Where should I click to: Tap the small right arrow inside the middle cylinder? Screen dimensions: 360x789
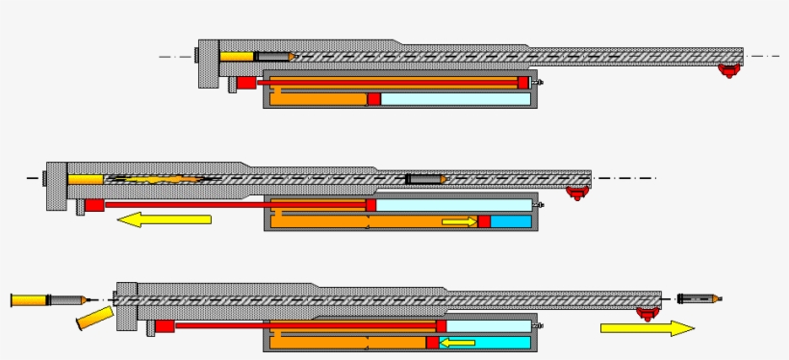point(459,222)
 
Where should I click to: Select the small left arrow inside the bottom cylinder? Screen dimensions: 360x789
point(457,342)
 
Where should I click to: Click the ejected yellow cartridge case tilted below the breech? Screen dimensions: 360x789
point(93,319)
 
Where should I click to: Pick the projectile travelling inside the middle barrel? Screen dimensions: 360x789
point(424,179)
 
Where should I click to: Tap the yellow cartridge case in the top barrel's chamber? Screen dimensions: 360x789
point(236,57)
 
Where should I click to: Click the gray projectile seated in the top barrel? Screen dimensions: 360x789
point(274,57)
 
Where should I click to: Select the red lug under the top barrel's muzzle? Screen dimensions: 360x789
point(730,70)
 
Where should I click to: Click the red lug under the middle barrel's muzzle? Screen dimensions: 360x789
point(576,192)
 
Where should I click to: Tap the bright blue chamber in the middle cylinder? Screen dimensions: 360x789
point(511,222)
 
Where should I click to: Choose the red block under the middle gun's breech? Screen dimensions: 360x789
point(94,205)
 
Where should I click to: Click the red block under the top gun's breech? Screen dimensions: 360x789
point(246,83)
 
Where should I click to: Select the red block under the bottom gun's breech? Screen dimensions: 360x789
point(165,326)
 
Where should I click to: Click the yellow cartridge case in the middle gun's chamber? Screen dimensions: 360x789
point(86,179)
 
